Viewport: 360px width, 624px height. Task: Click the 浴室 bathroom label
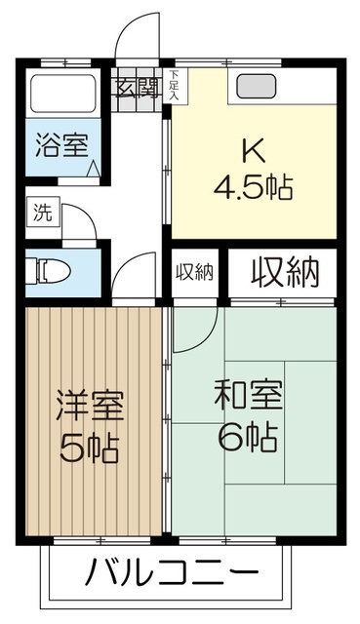(x=62, y=147)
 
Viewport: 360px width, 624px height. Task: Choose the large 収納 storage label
(x=286, y=272)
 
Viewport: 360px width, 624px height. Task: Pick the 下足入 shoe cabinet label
(x=174, y=86)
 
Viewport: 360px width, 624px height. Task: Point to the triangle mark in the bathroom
(x=94, y=168)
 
